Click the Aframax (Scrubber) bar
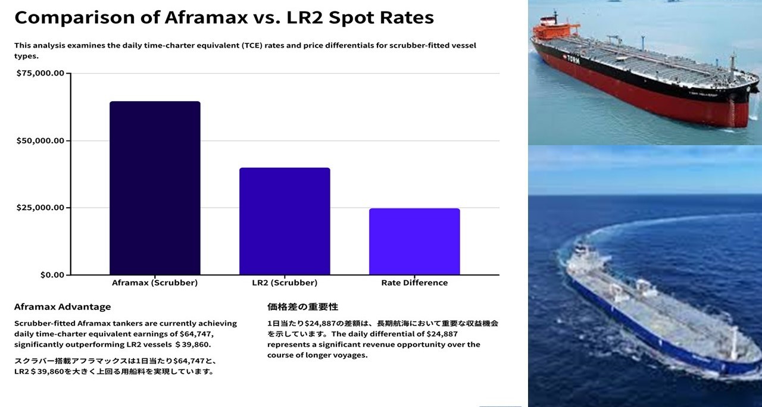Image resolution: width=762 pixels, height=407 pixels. click(155, 188)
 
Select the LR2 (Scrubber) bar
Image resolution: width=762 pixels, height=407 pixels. click(285, 221)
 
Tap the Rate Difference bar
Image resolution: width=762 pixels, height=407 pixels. click(414, 242)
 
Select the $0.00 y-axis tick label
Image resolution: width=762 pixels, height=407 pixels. click(52, 275)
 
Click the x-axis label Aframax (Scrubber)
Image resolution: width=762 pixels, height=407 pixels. click(155, 283)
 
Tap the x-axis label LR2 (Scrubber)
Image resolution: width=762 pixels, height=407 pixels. click(285, 283)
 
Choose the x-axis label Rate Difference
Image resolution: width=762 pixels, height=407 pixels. click(414, 283)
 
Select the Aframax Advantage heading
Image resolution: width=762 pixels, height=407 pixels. click(63, 307)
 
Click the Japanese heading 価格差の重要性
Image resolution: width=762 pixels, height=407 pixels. click(302, 307)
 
